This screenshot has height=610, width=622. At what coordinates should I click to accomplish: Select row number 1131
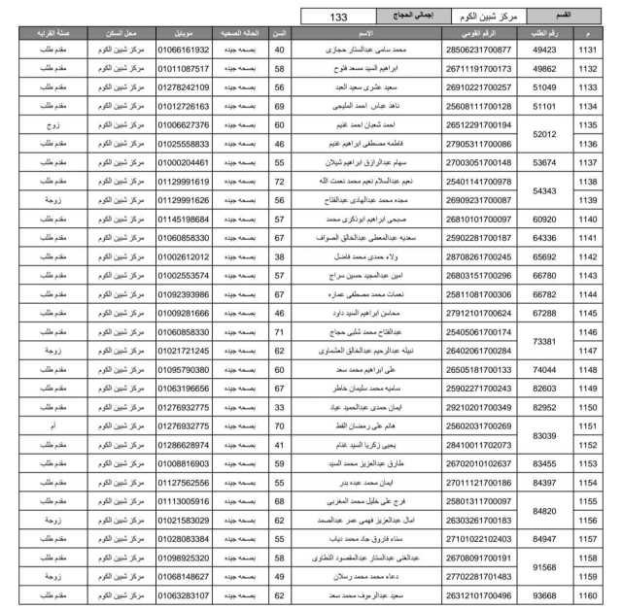588,49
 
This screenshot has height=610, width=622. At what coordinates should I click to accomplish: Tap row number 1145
588,314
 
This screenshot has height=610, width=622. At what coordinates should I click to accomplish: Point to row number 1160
588,595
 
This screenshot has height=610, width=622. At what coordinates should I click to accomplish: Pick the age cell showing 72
279,182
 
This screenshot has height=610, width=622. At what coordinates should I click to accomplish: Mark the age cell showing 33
279,408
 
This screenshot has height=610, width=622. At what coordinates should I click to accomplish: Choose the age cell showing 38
279,257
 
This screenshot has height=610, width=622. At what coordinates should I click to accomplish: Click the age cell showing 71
279,332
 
